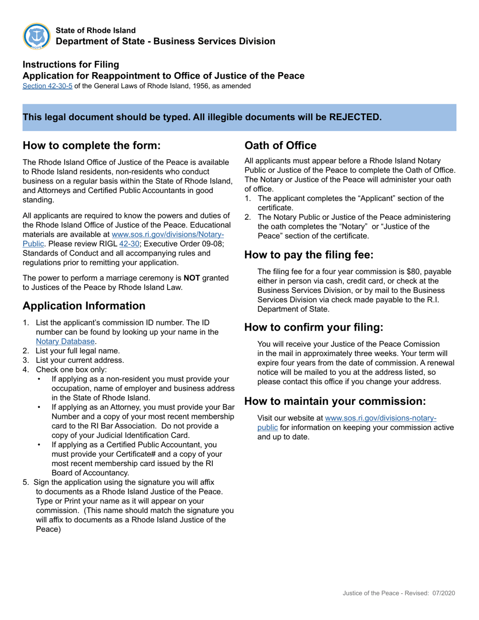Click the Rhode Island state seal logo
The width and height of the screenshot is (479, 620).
[36, 36]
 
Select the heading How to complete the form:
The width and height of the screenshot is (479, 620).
[92, 146]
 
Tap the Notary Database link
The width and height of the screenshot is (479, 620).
[65, 341]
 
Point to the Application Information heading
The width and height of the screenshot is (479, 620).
[84, 306]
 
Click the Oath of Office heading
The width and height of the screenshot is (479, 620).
[280, 146]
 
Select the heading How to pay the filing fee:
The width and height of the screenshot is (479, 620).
[309, 255]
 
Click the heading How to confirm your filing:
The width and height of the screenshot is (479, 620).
[314, 327]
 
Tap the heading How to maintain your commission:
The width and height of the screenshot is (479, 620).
[335, 401]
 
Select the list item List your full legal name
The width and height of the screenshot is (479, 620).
[78, 351]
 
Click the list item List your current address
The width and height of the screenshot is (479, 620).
[80, 360]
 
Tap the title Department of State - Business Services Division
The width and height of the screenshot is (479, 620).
[165, 41]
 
